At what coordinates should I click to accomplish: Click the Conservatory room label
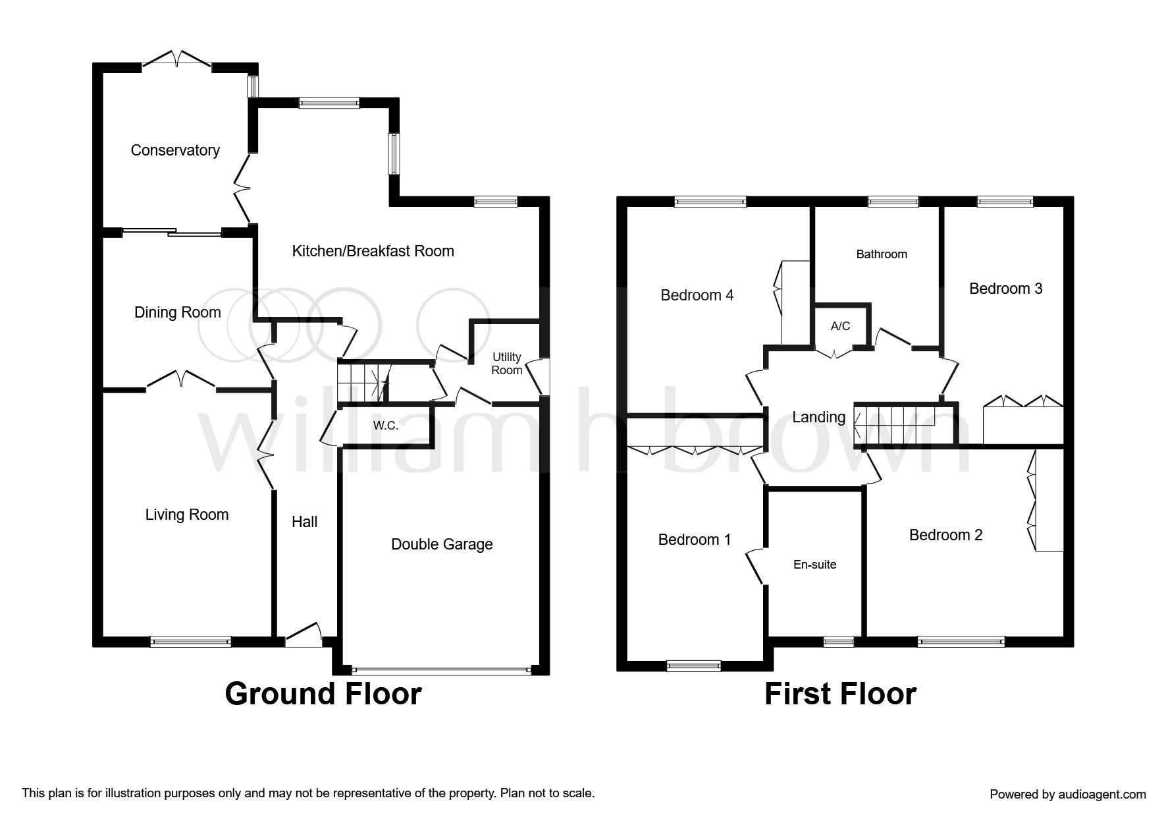click(x=175, y=150)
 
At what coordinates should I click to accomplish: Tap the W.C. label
click(x=386, y=426)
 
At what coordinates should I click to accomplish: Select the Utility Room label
click(x=507, y=363)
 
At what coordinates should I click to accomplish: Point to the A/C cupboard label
click(x=841, y=326)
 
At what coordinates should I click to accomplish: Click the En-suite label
click(x=815, y=565)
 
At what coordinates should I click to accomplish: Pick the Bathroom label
click(x=882, y=254)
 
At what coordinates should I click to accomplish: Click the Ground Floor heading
click(x=323, y=694)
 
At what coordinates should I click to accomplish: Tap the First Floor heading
click(x=840, y=694)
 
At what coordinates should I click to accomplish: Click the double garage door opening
click(x=441, y=671)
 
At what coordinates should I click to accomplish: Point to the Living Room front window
click(x=191, y=640)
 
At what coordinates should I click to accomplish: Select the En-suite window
click(x=839, y=640)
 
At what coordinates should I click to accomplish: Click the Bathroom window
click(x=893, y=202)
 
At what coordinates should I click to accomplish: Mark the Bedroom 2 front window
click(x=961, y=640)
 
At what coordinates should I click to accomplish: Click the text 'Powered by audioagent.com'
click(x=1068, y=795)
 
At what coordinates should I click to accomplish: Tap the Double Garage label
click(x=442, y=544)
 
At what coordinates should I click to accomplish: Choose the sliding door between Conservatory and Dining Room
click(x=172, y=232)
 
